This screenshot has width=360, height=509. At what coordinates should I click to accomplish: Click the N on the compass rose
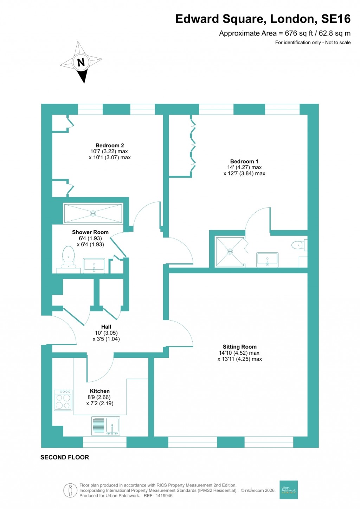pyautogui.click(x=81, y=62)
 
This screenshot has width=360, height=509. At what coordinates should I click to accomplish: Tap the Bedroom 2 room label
pyautogui.click(x=110, y=146)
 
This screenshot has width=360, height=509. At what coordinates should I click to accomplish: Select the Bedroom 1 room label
pyautogui.click(x=244, y=161)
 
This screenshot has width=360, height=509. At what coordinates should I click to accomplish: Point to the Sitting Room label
pyautogui.click(x=239, y=347)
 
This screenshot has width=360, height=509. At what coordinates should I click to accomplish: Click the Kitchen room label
pyautogui.click(x=100, y=391)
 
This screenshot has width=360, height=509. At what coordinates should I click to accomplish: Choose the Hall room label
pyautogui.click(x=106, y=327)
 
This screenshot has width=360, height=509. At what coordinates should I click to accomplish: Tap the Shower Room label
pyautogui.click(x=90, y=232)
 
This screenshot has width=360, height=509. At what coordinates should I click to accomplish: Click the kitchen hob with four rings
pyautogui.click(x=63, y=400)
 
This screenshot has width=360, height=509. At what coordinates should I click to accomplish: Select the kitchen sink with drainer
pyautogui.click(x=105, y=426)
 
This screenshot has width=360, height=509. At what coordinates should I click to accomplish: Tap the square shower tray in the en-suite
pyautogui.click(x=230, y=252)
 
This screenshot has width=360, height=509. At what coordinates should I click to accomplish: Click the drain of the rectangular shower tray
pyautogui.click(x=93, y=213)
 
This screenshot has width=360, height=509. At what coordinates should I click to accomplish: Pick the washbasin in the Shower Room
pyautogui.click(x=94, y=265)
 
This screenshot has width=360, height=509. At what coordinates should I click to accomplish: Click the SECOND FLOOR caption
pyautogui.click(x=65, y=457)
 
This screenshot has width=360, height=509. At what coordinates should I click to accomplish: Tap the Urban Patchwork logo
pyautogui.click(x=289, y=490)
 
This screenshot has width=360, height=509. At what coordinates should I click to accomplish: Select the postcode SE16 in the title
pyautogui.click(x=336, y=19)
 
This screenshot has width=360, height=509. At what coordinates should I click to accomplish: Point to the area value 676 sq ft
pyautogui.click(x=298, y=33)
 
